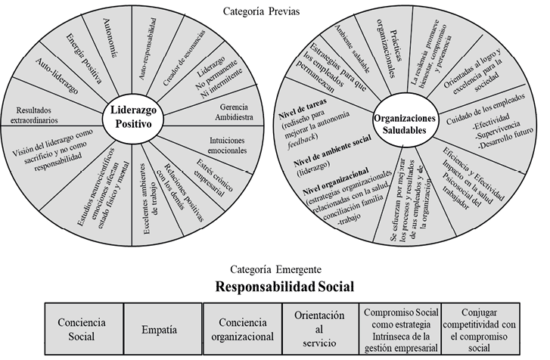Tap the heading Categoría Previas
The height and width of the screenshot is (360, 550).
(262, 11)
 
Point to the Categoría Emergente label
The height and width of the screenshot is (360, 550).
(277, 268)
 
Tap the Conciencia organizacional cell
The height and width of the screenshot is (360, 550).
(242, 330)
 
